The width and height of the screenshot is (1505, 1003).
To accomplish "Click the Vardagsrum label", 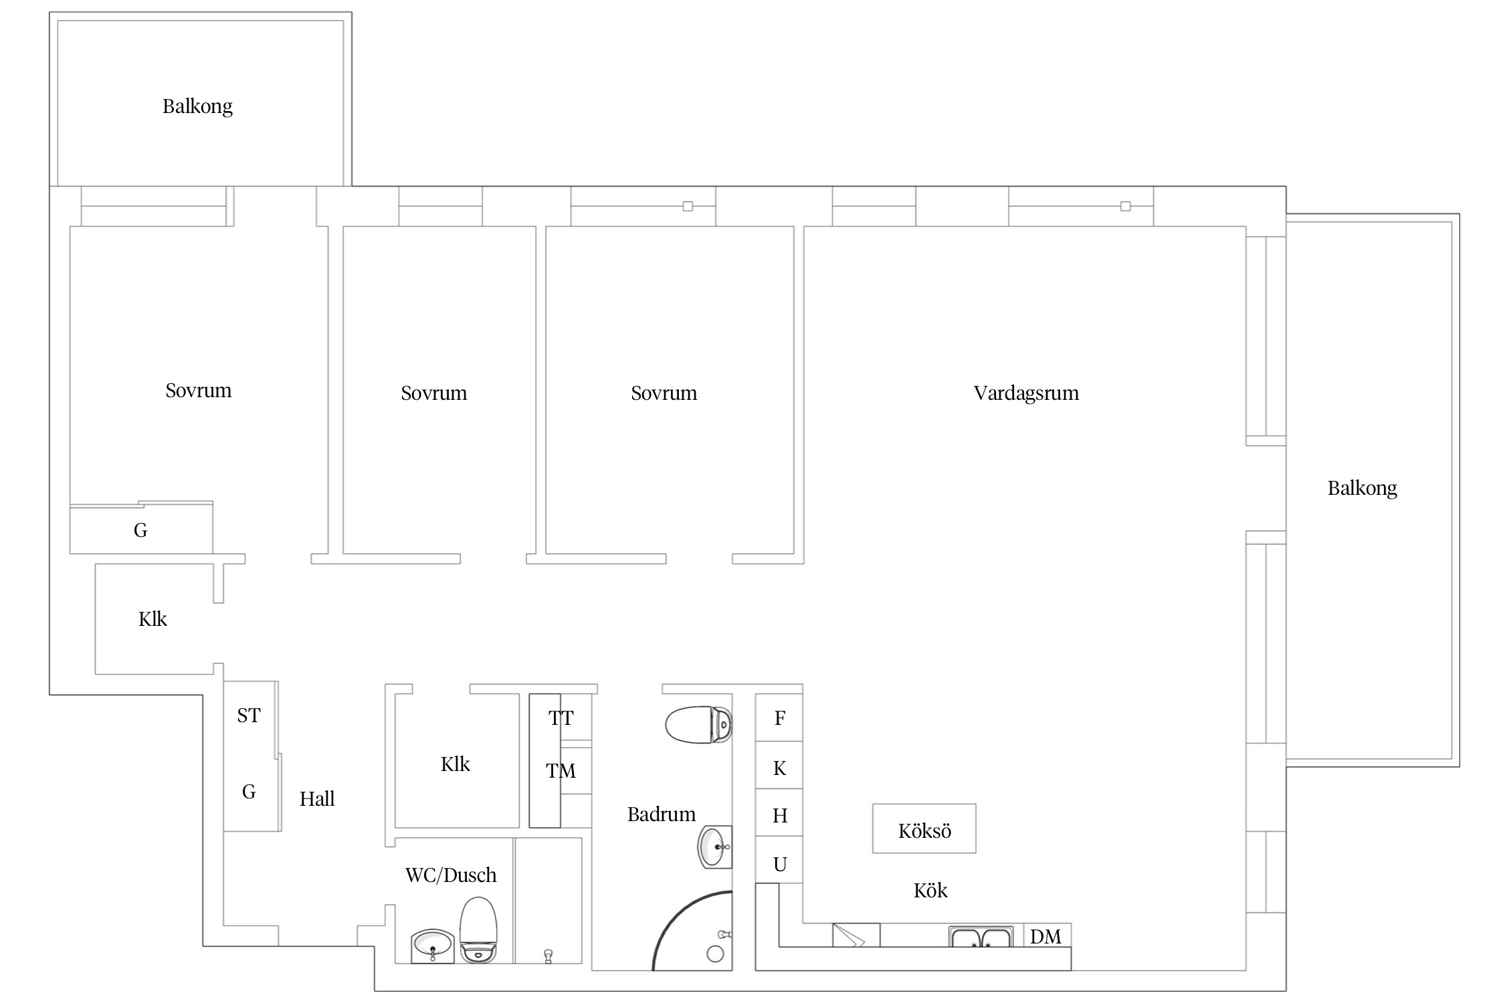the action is pyautogui.click(x=1026, y=393).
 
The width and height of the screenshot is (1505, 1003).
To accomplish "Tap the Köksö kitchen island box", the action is pyautogui.click(x=924, y=828).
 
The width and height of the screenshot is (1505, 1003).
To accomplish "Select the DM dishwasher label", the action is pyautogui.click(x=1045, y=937).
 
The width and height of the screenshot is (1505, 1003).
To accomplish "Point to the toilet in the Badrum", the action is pyautogui.click(x=699, y=725).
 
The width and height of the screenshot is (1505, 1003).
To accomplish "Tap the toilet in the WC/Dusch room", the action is pyautogui.click(x=478, y=930).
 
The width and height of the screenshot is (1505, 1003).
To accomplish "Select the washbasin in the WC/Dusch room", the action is pyautogui.click(x=432, y=946).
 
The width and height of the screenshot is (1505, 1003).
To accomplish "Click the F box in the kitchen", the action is pyautogui.click(x=779, y=717).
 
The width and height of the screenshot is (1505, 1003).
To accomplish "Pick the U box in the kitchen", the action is pyautogui.click(x=779, y=860).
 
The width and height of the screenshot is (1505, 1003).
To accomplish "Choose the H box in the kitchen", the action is pyautogui.click(x=779, y=812).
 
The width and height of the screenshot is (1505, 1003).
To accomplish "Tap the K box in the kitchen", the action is pyautogui.click(x=779, y=765).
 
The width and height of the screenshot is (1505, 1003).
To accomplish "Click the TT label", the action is pyautogui.click(x=561, y=718).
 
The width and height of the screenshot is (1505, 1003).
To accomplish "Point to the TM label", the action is pyautogui.click(x=561, y=771).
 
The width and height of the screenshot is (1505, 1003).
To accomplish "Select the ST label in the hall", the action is pyautogui.click(x=248, y=715).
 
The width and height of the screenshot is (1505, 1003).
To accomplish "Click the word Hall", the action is pyautogui.click(x=317, y=798).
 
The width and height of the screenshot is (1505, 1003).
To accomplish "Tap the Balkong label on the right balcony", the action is pyautogui.click(x=1362, y=489).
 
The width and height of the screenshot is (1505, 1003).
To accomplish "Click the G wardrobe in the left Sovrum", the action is pyautogui.click(x=141, y=528).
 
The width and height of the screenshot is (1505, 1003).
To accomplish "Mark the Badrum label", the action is pyautogui.click(x=661, y=814).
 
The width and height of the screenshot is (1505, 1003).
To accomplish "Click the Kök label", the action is pyautogui.click(x=930, y=890).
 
